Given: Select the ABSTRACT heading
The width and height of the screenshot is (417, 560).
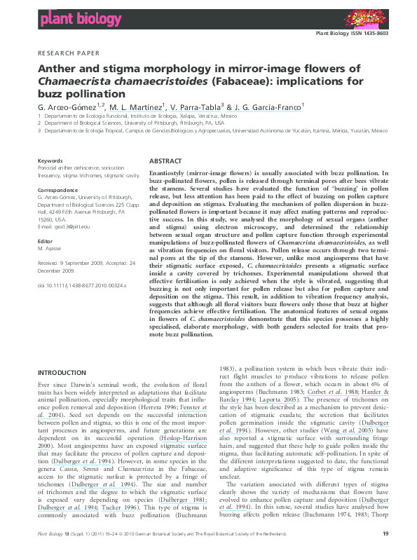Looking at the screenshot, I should [x=165, y=161].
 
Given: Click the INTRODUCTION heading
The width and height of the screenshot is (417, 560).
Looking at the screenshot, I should [x=61, y=372].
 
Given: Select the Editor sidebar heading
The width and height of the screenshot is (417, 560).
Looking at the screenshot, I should [x=45, y=240].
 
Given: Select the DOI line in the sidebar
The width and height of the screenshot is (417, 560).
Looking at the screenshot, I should [x=81, y=286].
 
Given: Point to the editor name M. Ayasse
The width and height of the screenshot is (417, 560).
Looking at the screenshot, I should [x=50, y=248].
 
